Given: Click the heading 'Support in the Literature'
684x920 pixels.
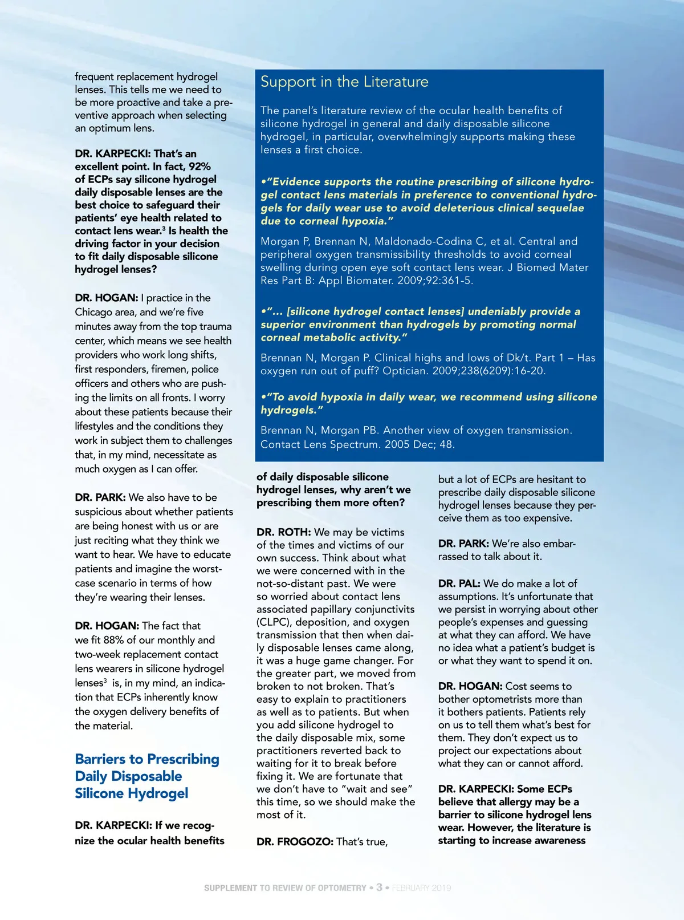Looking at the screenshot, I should coord(344,82).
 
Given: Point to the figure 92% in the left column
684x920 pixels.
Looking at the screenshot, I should coord(200,167).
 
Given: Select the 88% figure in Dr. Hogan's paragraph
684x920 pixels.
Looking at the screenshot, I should coord(113,640).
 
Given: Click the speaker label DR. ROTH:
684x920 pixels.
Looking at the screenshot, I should coord(283,532).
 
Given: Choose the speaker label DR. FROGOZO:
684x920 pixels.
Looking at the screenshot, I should coord(295,842).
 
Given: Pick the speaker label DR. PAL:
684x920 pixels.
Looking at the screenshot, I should coord(459,583).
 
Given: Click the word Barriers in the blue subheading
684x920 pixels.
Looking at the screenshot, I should coord(101,759).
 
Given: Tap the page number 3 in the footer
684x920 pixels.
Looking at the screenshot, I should coord(379,887).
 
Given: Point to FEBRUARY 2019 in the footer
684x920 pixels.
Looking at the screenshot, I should coord(421,888).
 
